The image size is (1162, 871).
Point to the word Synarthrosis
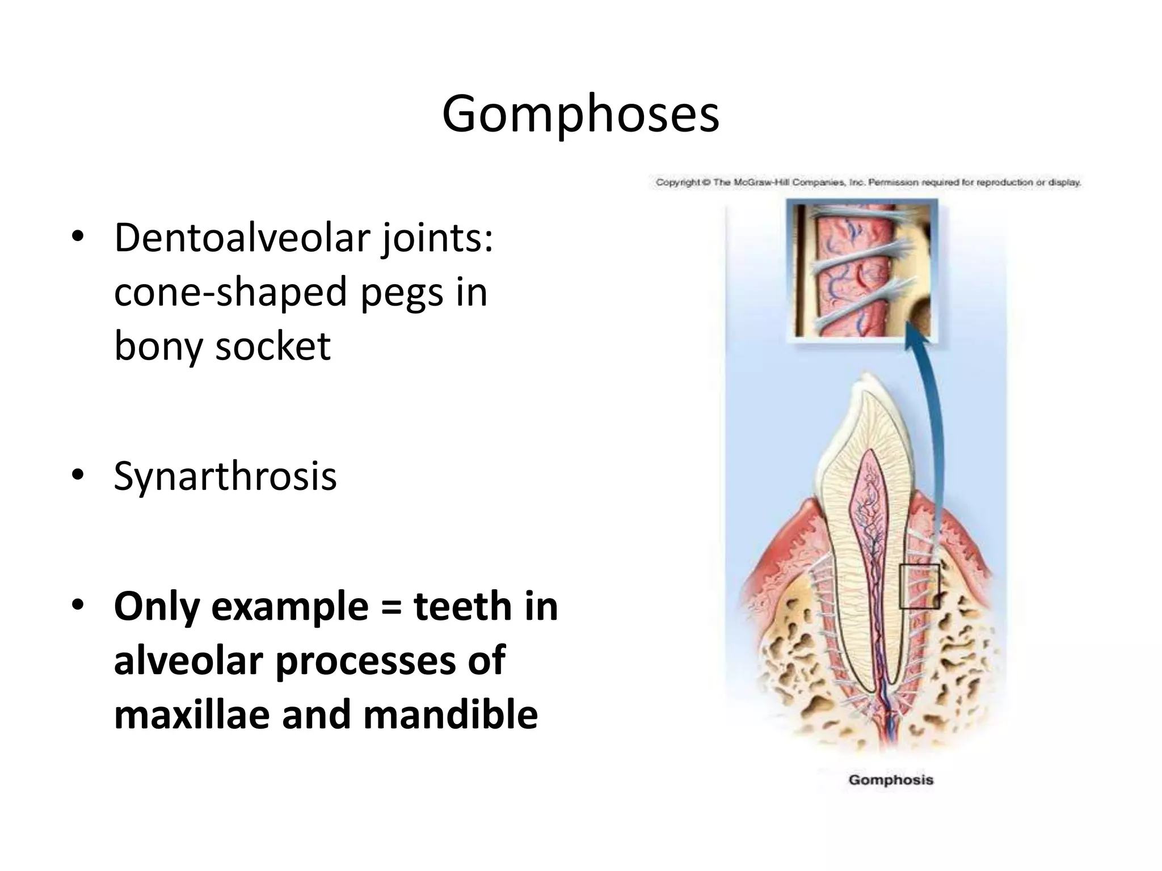click(225, 476)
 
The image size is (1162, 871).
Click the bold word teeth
click(464, 606)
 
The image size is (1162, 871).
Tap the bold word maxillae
click(192, 714)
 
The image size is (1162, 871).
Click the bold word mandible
click(451, 714)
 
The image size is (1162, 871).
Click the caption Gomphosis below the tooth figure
click(891, 780)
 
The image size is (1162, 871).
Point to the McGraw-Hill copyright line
click(868, 183)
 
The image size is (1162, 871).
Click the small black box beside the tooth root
click(919, 587)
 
